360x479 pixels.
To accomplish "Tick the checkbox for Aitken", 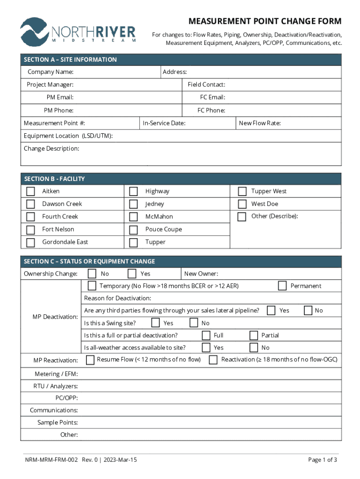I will point(31,191).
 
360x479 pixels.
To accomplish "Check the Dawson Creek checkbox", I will point(31,204).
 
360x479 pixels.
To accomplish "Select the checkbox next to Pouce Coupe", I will point(134,230).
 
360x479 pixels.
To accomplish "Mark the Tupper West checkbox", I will point(242,191).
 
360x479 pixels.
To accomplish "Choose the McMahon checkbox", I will point(134,217).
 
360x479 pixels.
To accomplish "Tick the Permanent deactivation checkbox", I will point(282,286).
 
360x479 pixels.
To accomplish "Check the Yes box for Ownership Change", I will point(132,274).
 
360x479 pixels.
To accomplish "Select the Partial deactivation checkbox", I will point(253,335).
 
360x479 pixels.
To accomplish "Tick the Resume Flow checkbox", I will point(90,360).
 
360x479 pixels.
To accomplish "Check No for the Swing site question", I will point(194,323).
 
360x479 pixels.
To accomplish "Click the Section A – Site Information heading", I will point(70,60).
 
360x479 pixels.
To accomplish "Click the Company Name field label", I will point(50,72).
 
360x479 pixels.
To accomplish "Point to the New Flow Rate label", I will point(259,123).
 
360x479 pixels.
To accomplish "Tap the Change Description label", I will point(51,149).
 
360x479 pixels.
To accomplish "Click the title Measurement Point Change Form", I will point(265,22).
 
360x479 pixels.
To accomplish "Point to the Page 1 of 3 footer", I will point(322,460).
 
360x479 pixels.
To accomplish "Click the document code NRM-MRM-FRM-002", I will point(51,460).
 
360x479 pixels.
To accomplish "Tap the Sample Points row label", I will point(58,422).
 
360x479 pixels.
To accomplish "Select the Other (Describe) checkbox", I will point(242,217).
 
